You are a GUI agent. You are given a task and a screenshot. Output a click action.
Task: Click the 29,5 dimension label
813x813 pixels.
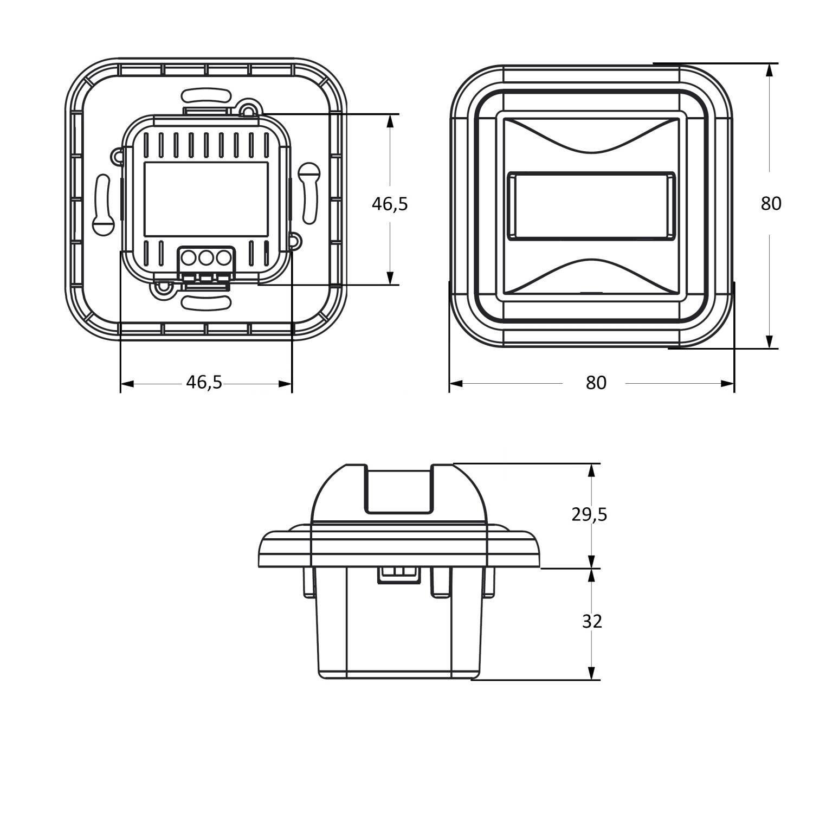589,514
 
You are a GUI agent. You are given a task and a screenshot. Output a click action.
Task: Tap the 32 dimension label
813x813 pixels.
592,621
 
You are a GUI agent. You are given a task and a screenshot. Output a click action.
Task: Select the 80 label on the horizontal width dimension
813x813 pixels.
596,383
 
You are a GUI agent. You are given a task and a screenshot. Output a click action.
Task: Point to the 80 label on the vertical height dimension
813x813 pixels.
771,204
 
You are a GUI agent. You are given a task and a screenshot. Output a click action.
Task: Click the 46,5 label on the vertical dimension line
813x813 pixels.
390,204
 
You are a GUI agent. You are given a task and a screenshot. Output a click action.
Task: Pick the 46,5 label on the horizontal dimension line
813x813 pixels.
204,382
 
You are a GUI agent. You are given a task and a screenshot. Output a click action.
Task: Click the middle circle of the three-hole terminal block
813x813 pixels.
205,257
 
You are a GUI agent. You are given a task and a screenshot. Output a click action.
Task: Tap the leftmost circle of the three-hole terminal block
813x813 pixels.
189,257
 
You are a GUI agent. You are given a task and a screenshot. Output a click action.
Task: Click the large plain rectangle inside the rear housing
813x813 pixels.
206,199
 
